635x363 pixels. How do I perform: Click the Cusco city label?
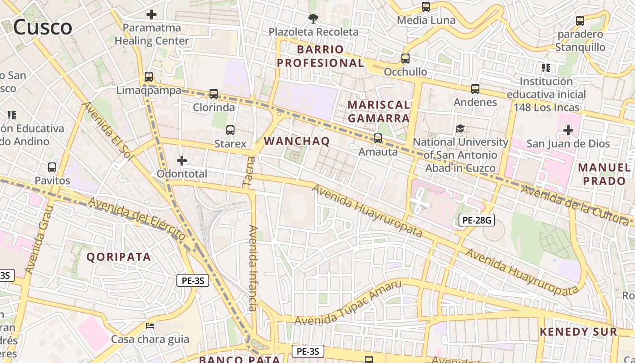click(42, 27)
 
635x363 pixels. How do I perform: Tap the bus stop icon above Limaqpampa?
click(148, 77)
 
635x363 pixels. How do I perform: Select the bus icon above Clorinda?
click(214, 94)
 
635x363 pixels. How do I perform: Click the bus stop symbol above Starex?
click(230, 130)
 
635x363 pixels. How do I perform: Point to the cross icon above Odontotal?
click(182, 160)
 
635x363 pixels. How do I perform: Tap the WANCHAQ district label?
click(297, 141)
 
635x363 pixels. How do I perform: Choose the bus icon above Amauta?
click(378, 138)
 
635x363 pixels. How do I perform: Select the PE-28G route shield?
click(476, 221)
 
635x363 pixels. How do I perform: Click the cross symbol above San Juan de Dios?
click(568, 130)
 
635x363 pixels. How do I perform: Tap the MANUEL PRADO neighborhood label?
click(604, 174)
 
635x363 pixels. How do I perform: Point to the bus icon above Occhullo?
click(405, 59)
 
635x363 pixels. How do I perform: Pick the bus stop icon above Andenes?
click(475, 88)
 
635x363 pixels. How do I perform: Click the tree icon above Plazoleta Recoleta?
click(313, 19)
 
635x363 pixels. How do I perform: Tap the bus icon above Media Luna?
click(426, 7)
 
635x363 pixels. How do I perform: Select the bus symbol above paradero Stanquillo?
click(580, 20)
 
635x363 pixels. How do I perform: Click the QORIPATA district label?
click(118, 257)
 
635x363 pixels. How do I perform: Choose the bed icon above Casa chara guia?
click(150, 326)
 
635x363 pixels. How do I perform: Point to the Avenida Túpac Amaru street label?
click(348, 303)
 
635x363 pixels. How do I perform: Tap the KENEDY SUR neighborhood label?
click(578, 332)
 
